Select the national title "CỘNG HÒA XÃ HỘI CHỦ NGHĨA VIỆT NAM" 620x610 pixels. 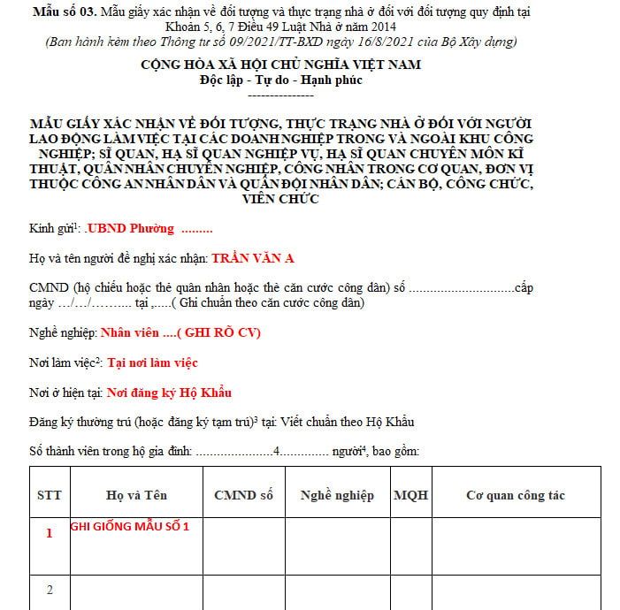point(281,65)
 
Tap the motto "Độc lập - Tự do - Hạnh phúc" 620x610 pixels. point(281,80)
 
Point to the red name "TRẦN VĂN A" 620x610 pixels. point(253,258)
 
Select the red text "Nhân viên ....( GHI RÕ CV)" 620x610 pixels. point(180,332)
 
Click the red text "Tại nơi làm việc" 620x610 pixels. point(152,362)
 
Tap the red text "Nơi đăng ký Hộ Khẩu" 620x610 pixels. point(169,393)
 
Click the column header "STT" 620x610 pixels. point(50,495)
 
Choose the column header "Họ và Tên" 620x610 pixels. point(136,495)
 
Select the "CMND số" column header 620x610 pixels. point(243,495)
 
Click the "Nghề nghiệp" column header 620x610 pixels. point(337,495)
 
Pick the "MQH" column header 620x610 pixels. point(410,495)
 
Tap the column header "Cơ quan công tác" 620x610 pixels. point(515,495)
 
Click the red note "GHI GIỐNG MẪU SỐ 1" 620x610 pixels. point(130,526)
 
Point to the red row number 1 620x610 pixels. point(50,533)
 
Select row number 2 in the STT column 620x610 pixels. point(50,590)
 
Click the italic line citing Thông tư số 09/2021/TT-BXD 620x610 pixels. point(281,42)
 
